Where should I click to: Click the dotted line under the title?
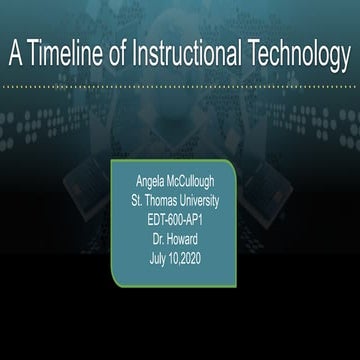coord(180,87)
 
